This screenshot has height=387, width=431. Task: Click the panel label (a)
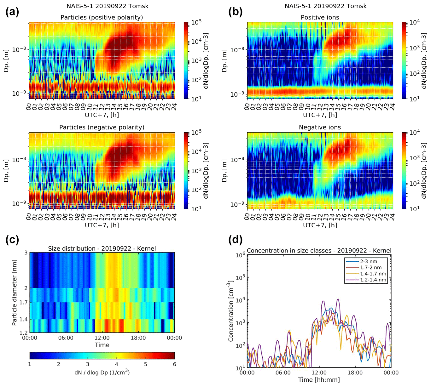click(12, 12)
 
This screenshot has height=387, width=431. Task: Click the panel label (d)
click(235, 240)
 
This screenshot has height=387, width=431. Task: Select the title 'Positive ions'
click(320, 17)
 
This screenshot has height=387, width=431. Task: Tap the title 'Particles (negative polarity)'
click(102, 127)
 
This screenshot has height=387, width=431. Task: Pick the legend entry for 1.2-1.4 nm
click(373, 280)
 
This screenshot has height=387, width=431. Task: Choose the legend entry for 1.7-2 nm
click(370, 267)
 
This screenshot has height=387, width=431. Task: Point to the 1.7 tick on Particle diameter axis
click(24, 302)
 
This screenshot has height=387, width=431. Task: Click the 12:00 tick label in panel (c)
click(102, 338)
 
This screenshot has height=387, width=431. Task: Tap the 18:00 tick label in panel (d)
click(355, 373)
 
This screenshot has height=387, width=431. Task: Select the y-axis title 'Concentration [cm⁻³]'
click(231, 312)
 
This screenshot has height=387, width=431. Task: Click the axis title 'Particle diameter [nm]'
click(15, 293)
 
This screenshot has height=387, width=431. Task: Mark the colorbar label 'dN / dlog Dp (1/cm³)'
click(102, 373)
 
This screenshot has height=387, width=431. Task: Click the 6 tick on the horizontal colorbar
click(174, 364)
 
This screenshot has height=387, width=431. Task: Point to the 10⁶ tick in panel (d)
click(240, 255)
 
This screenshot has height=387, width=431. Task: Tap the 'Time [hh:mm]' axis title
click(319, 380)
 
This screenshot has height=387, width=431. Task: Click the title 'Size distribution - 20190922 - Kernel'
click(102, 248)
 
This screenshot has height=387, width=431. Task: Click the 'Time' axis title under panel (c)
click(102, 345)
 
